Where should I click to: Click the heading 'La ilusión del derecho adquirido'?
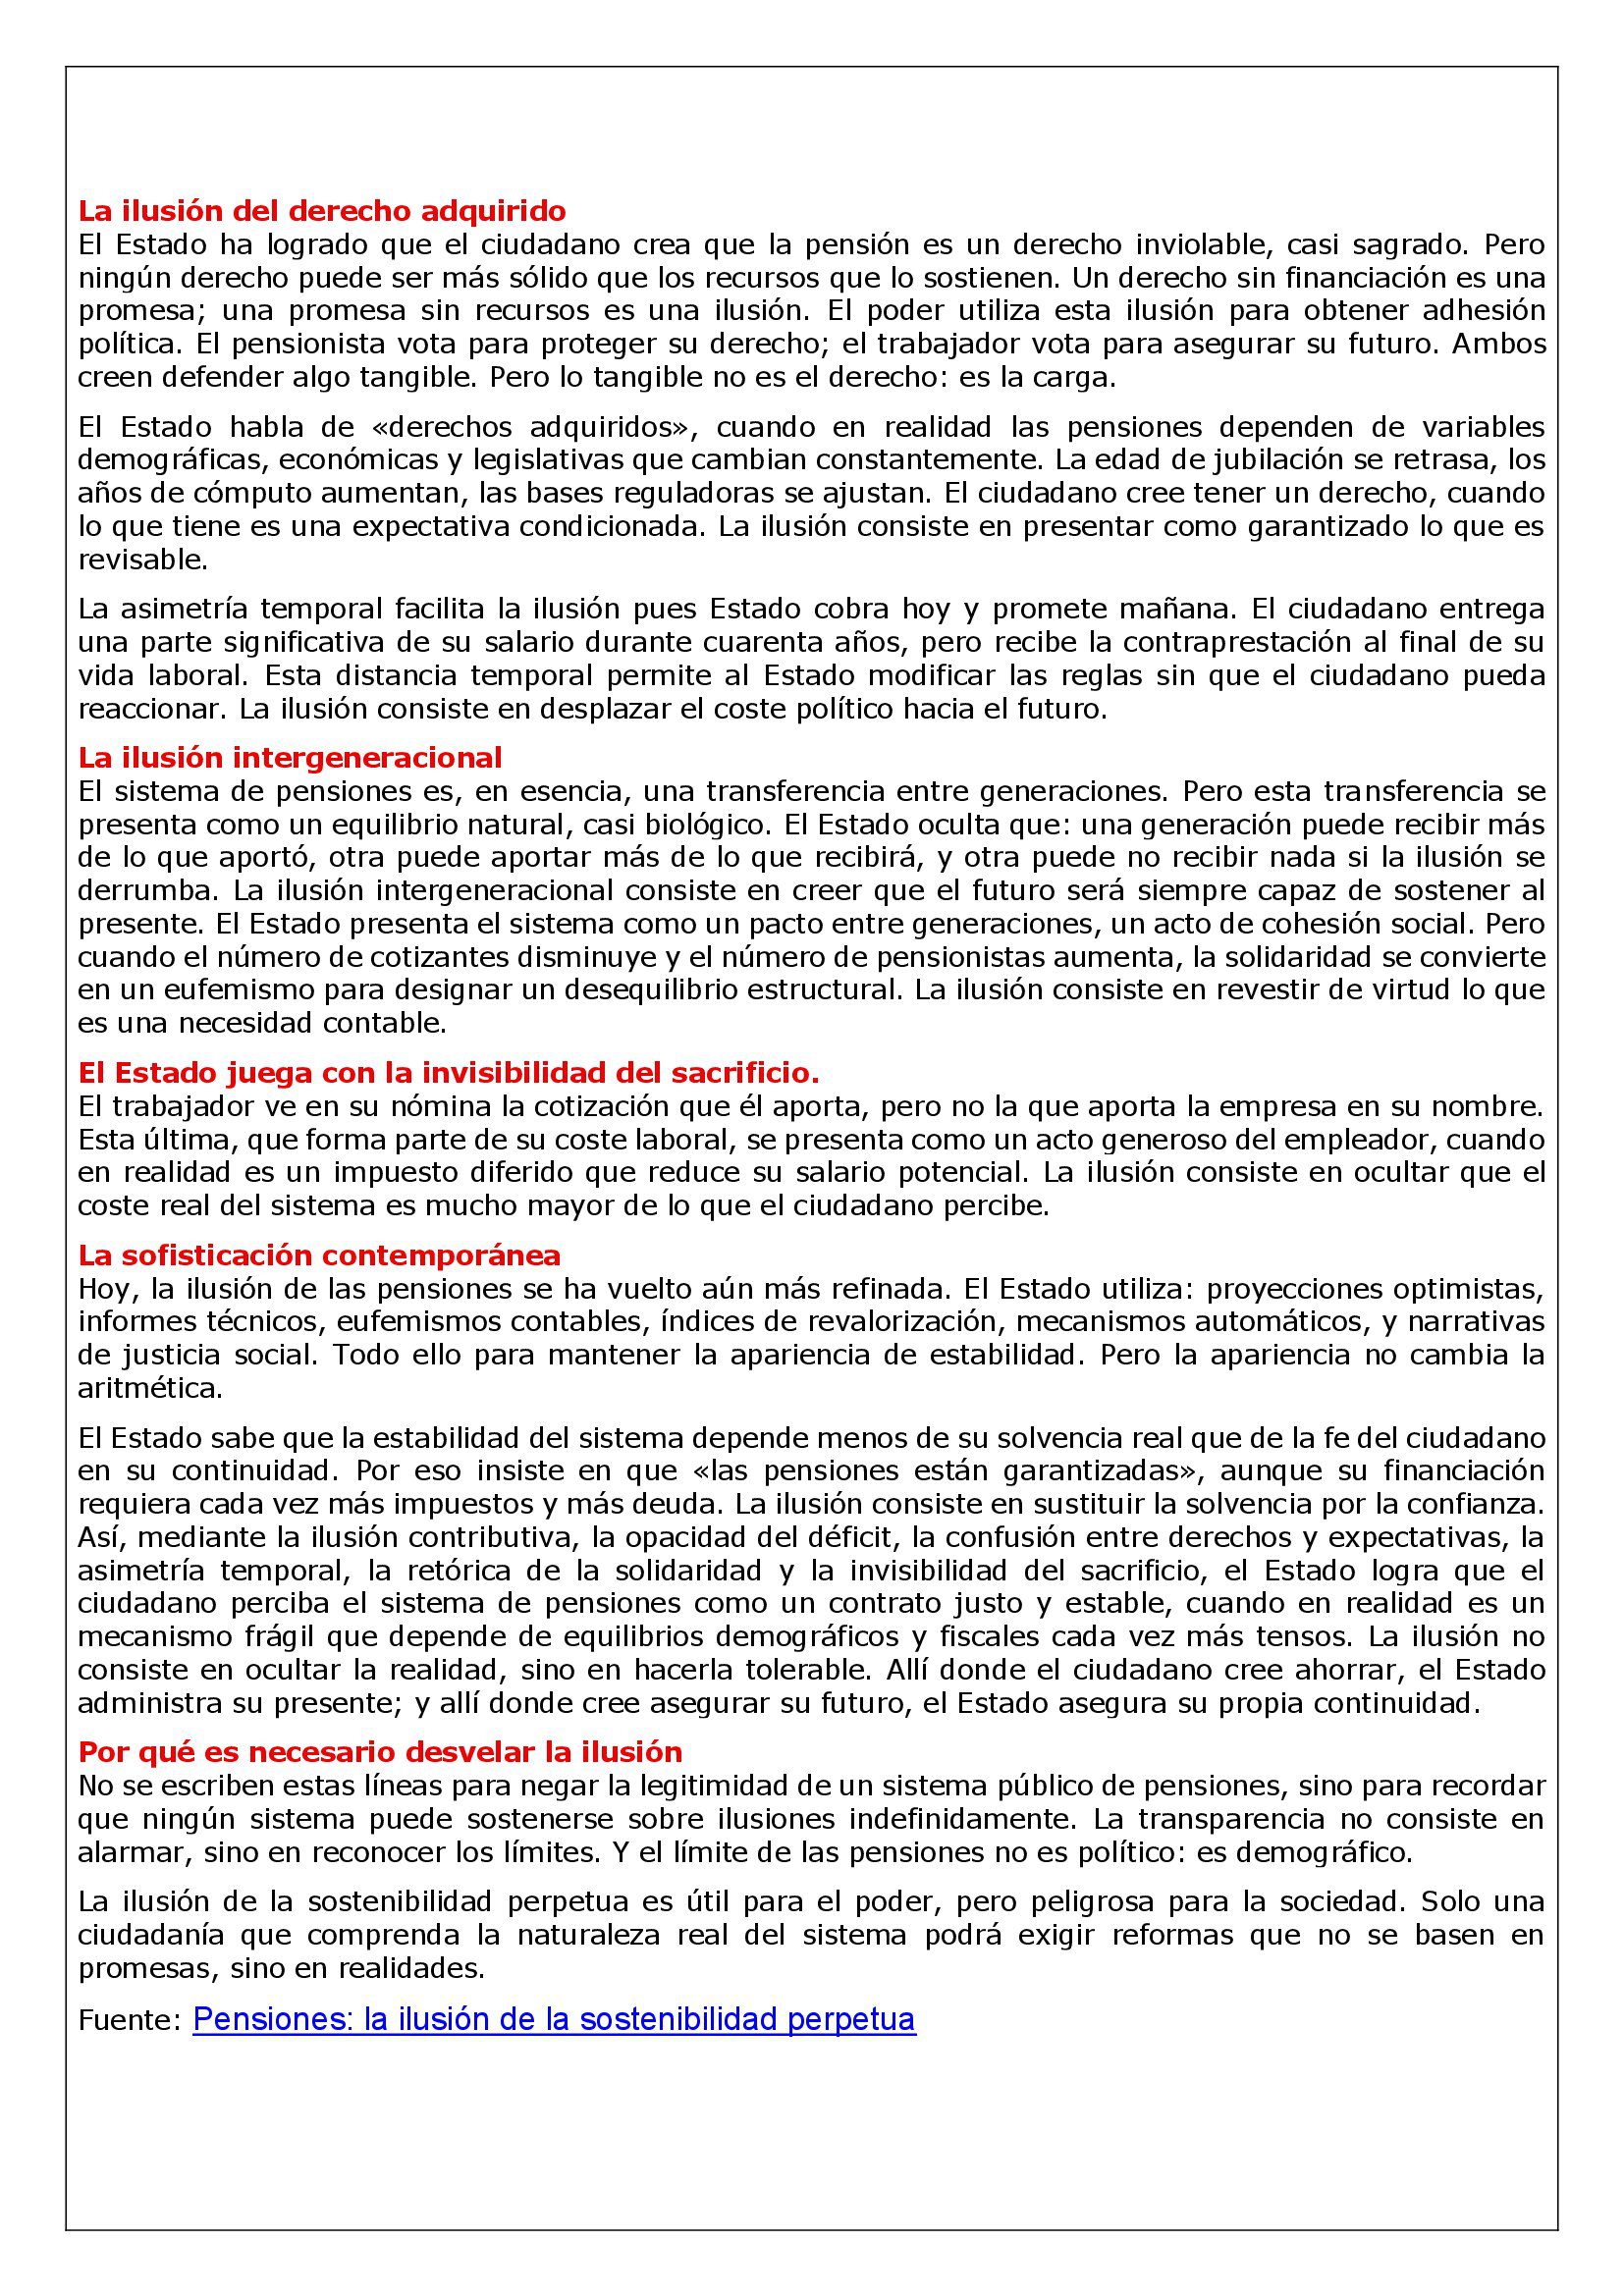pos(322,211)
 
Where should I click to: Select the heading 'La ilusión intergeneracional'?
pos(290,757)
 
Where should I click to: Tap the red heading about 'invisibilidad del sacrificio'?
pos(448,1073)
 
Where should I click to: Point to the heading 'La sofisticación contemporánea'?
pos(319,1255)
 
